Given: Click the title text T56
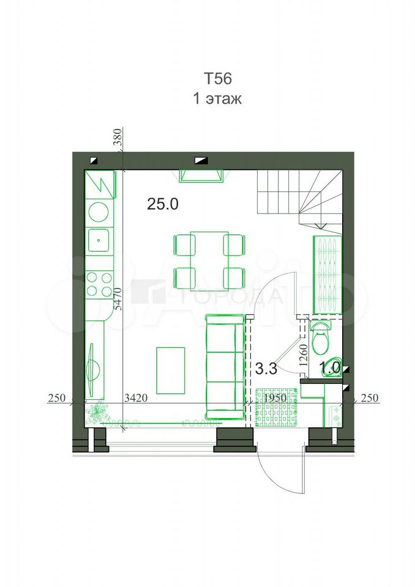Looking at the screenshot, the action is (x=218, y=79).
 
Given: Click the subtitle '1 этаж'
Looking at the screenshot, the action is (x=217, y=98).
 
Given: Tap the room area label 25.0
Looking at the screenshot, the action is (x=163, y=204).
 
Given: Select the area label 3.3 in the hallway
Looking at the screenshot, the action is (x=266, y=368).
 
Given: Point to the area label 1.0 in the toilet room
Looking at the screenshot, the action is (x=330, y=367).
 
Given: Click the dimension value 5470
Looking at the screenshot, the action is (x=119, y=298).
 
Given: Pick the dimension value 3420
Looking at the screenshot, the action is (x=136, y=398).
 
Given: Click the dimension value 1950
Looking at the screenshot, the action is (x=275, y=398).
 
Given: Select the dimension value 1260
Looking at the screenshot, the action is (x=304, y=355).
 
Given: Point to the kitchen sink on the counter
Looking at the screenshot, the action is (x=99, y=240).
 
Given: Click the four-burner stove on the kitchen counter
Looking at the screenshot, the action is (x=99, y=284).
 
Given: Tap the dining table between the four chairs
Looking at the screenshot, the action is (x=209, y=261).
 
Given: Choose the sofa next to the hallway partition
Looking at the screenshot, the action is (x=225, y=367).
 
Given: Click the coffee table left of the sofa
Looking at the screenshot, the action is (x=171, y=371).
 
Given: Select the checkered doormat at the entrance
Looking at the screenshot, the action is (x=278, y=407).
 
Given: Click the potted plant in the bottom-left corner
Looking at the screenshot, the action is (x=97, y=413).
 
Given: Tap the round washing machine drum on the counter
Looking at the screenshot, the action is (x=99, y=212).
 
